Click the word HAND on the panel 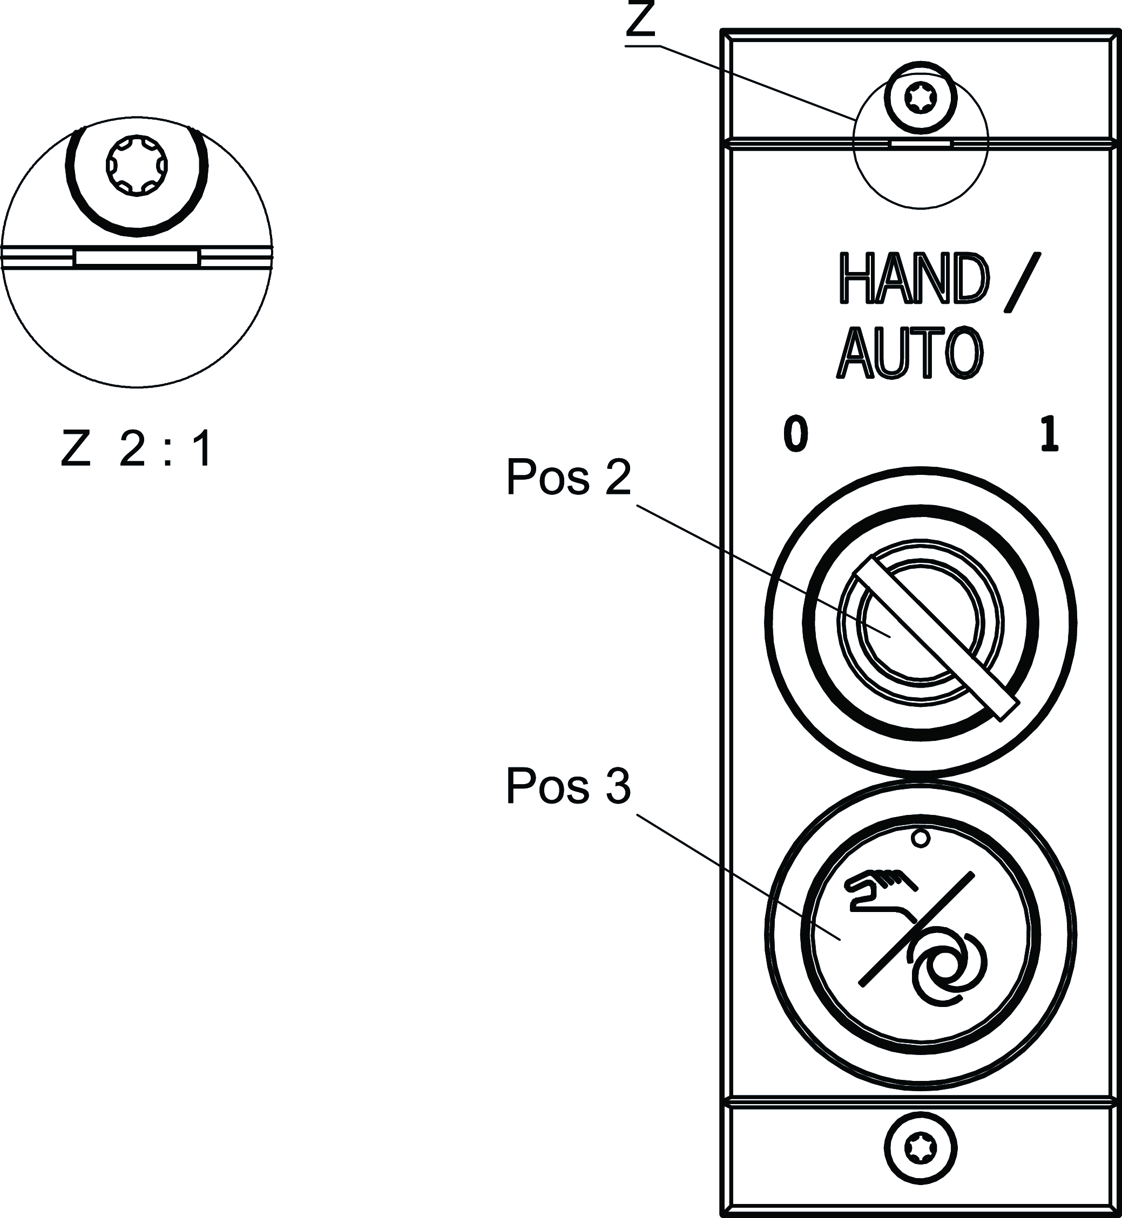point(914,280)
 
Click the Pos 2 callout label point(568,478)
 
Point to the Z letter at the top point(641,21)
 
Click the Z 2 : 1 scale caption point(137,450)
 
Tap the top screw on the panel point(921,97)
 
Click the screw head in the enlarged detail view point(137,165)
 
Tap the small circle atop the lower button point(921,839)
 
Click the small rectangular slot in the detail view point(137,257)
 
